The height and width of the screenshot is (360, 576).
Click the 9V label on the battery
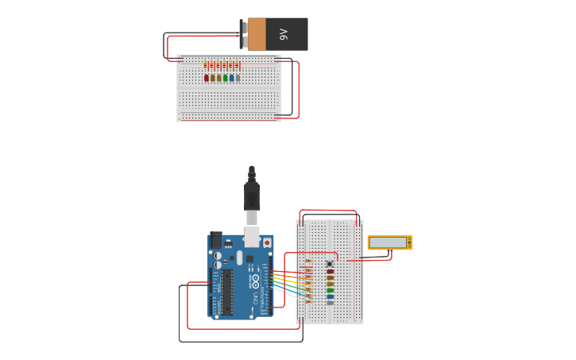[283, 34]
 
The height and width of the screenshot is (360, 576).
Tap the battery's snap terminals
[244, 34]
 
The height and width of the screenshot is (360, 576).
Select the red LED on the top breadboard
[207, 78]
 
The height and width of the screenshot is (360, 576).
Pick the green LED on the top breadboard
[226, 78]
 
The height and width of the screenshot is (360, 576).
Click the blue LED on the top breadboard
[231, 78]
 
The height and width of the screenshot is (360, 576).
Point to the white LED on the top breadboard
[238, 78]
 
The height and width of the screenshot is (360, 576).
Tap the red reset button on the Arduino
[266, 242]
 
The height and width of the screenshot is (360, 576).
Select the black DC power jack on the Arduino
[215, 239]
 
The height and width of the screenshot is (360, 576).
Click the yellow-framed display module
[389, 242]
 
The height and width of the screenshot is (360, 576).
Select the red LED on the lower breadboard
[331, 272]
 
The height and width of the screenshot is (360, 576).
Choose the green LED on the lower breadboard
[331, 290]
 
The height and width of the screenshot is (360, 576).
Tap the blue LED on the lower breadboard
[331, 296]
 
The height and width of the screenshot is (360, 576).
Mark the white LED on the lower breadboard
[331, 303]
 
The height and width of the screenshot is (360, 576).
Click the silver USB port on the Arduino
[252, 236]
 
